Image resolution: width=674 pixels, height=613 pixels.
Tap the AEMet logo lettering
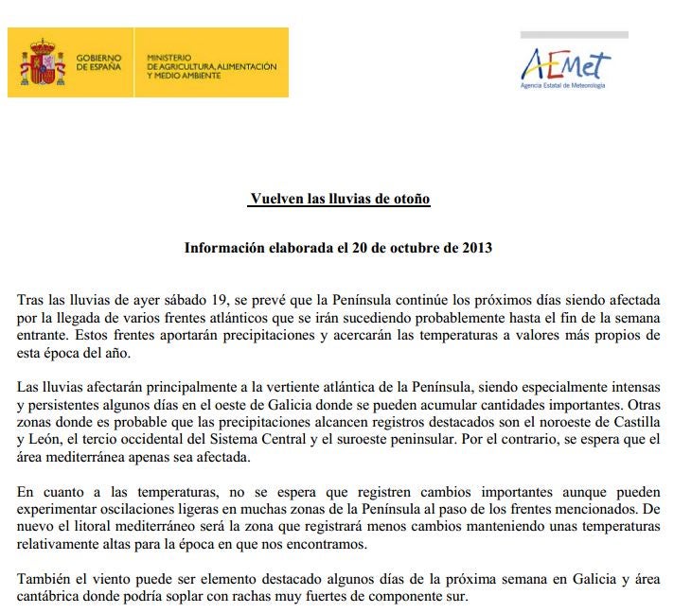pyautogui.click(x=565, y=64)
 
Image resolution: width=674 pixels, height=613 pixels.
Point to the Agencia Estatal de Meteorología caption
pyautogui.click(x=563, y=86)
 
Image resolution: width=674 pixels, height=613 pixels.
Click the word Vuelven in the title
pyautogui.click(x=275, y=199)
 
